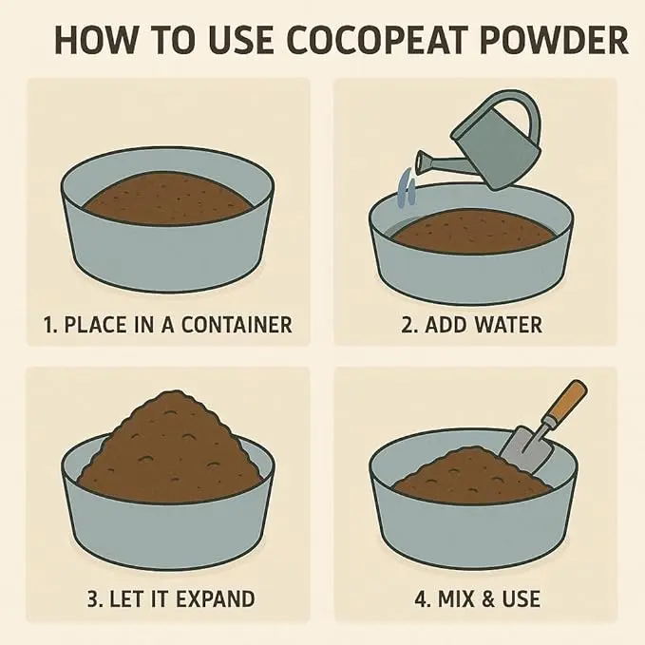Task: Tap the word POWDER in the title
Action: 553,40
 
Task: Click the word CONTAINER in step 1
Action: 237,325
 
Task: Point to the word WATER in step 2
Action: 508,325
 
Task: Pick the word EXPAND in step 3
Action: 215,598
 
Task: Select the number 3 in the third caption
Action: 94,598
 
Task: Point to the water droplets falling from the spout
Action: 408,186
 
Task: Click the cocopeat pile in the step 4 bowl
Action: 469,473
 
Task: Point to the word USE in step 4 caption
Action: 521,598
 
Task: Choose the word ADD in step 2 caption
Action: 446,325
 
